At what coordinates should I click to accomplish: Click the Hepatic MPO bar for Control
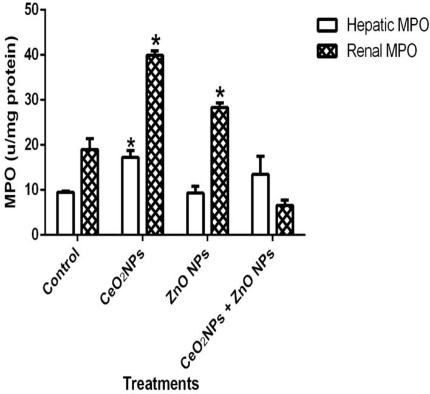(x=66, y=213)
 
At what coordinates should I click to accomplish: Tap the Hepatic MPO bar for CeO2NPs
(x=131, y=196)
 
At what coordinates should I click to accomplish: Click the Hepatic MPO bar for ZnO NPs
(x=196, y=213)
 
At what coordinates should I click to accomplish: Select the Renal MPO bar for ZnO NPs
(x=220, y=171)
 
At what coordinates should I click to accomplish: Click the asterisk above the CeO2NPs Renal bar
(x=155, y=42)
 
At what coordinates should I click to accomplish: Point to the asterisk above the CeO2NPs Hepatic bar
(x=131, y=144)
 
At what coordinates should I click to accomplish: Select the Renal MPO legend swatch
(x=327, y=51)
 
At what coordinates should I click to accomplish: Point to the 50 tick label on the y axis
(x=35, y=10)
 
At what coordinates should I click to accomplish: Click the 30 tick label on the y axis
(x=35, y=100)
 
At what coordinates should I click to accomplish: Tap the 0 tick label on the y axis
(x=39, y=235)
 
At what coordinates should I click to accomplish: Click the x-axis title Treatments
(x=161, y=383)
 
